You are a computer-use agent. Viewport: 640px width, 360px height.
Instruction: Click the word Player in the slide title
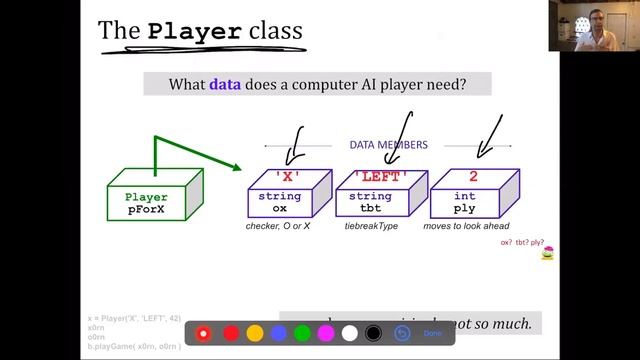click(194, 32)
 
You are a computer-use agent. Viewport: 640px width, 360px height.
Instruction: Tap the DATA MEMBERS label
click(388, 145)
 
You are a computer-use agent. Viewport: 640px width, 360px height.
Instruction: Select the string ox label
click(280, 203)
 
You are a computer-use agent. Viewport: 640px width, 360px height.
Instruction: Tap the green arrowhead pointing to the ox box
click(236, 169)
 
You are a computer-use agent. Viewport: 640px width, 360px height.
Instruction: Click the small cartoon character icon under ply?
click(547, 255)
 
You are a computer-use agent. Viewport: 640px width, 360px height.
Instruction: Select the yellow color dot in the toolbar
click(255, 333)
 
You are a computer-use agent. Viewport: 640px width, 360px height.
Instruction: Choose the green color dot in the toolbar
click(303, 333)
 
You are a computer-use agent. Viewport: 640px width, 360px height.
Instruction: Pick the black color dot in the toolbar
click(373, 333)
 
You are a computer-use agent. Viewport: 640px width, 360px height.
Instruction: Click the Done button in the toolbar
click(432, 333)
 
